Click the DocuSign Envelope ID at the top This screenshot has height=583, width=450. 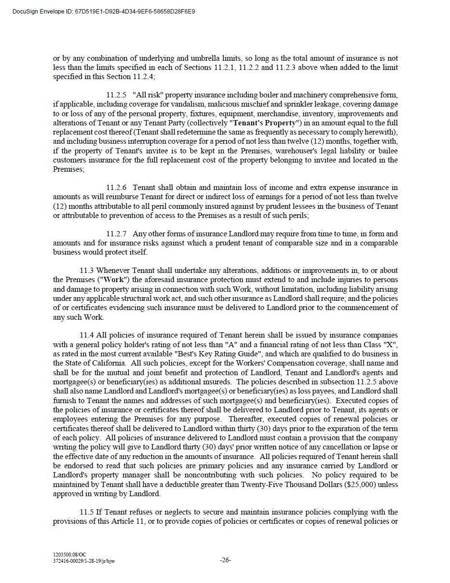104,11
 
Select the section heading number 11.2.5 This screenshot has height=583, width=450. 116,95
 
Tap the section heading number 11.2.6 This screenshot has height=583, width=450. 116,188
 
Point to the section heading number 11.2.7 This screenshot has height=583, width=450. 116,234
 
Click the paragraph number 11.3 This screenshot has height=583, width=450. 87,271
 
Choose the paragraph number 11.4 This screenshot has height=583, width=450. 87,335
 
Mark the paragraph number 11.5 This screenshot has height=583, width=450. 87,512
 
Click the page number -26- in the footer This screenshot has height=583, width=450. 225,560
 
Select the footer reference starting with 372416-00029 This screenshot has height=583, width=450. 84,561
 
